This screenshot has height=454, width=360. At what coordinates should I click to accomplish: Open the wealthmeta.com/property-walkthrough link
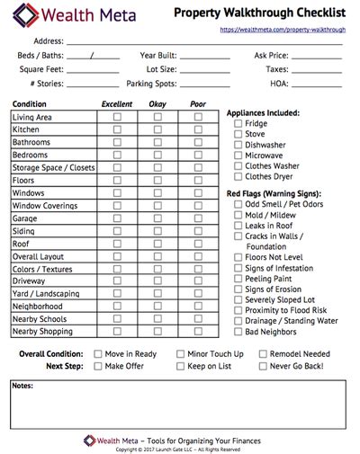coord(283,29)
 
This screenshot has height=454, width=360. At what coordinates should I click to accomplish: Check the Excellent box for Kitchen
coord(117,129)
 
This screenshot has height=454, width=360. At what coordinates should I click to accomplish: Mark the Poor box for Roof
coord(199,243)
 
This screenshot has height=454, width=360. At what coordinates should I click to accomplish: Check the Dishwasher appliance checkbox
coord(238,144)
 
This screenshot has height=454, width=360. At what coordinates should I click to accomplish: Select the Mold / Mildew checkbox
coord(238,215)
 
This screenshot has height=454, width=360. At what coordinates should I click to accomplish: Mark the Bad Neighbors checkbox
coord(238,332)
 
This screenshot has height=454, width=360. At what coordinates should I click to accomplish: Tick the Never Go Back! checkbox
coord(263,366)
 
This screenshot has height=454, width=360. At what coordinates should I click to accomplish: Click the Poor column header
coord(199,103)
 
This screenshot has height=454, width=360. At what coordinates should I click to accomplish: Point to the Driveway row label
coord(31,280)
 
